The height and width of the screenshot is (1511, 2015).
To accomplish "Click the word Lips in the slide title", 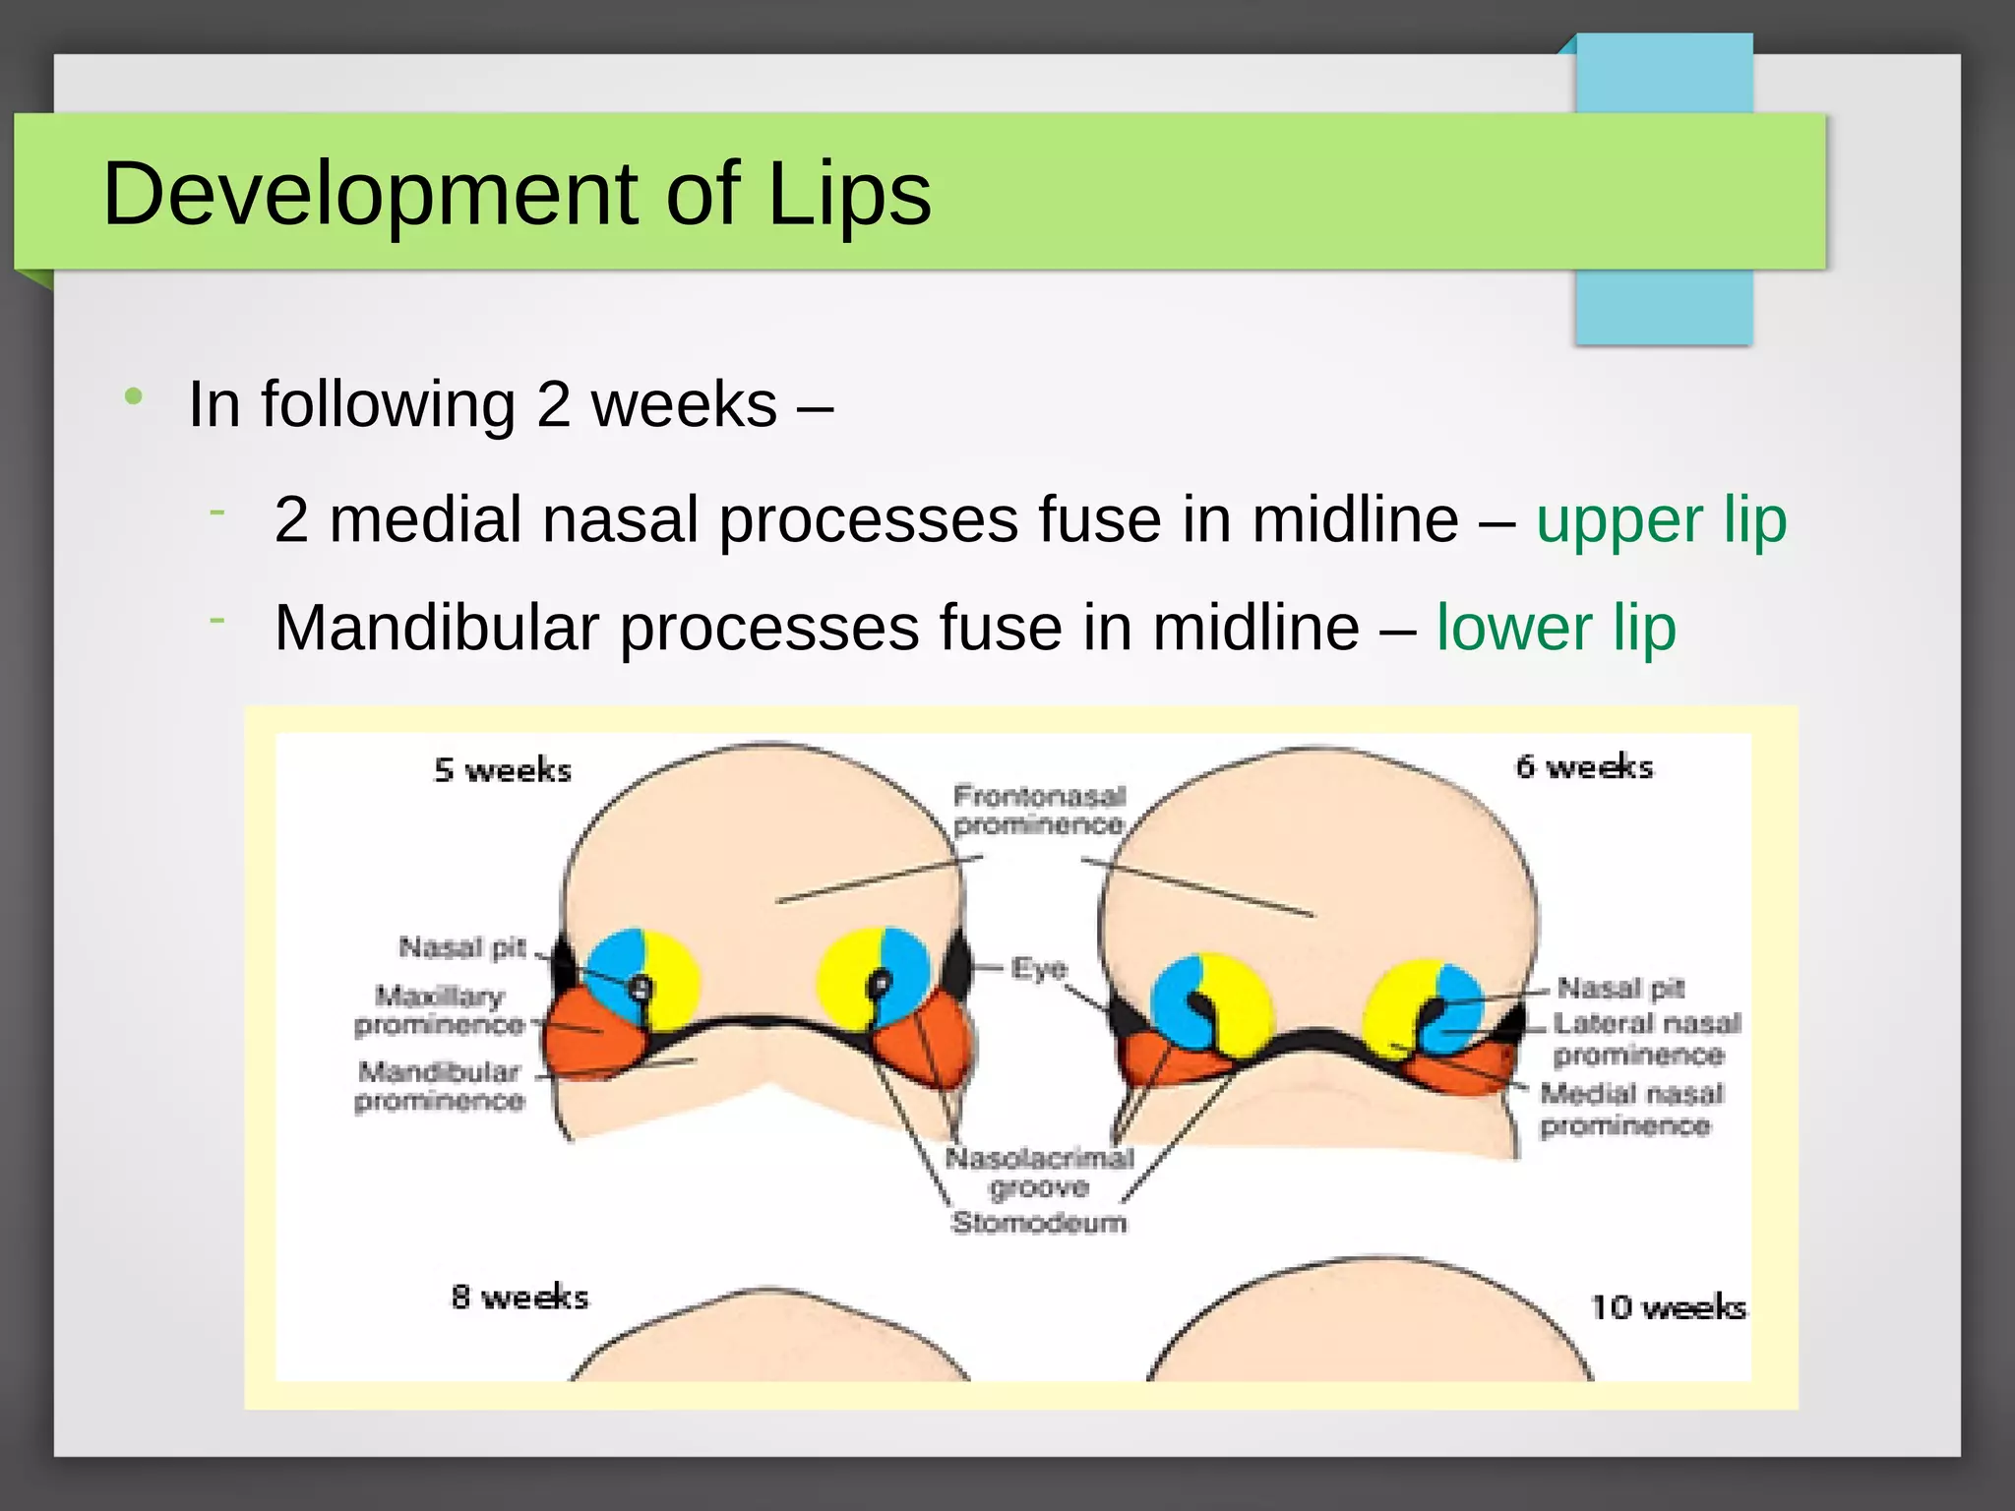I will coord(848,194).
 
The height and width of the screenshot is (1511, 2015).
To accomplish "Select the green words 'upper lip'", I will coord(1661,519).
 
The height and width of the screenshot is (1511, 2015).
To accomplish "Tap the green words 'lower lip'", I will coord(1556,628).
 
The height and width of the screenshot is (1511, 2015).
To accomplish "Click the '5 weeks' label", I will coord(503,769).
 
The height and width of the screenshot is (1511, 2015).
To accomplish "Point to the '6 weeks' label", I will coord(1584,766).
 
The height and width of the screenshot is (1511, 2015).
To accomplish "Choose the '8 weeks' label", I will coord(519,1297).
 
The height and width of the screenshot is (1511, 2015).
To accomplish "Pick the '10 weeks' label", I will coord(1668,1306).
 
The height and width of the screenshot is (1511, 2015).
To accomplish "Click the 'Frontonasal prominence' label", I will coord(1039,810).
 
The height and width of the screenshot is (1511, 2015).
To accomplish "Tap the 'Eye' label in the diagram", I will coord(1039,969).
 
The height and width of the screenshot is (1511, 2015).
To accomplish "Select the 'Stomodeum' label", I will coord(1039,1223).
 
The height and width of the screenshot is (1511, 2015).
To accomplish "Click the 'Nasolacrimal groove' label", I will coord(1039,1173).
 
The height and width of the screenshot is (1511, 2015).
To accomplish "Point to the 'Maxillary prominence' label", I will coord(439,1010).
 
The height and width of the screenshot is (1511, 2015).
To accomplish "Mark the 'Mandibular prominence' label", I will coord(439,1085).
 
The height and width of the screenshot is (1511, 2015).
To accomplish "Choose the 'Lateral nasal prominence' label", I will coord(1646,1039).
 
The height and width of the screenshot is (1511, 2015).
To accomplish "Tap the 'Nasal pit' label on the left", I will coord(462,947).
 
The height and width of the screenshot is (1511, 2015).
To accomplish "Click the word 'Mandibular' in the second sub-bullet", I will coord(436,628).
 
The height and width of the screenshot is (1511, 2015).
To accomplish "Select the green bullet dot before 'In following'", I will coord(134,397).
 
